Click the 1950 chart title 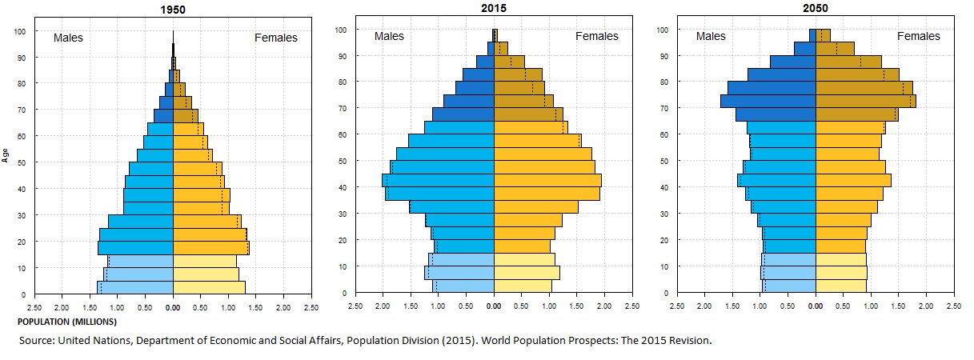coord(173,11)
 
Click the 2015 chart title coord(495,9)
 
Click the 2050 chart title coord(816,9)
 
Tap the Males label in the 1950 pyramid coord(68,38)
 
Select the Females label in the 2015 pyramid coord(596,36)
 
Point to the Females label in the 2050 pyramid coord(918,36)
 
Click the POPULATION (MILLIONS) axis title coord(66,322)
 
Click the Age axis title coord(6,155)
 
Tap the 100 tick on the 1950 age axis coord(21,31)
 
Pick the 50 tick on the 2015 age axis coord(341,162)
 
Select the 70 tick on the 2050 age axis coord(663,109)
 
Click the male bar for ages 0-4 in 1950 coord(135,287)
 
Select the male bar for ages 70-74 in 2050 coord(768,102)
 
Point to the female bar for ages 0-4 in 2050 coord(840,286)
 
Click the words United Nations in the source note coord(89,340)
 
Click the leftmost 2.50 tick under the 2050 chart coord(677,306)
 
